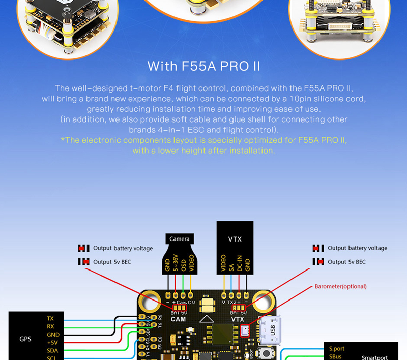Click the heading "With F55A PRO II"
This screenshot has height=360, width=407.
click(203, 66)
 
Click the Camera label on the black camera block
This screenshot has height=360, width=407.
click(179, 239)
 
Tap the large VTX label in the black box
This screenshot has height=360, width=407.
click(235, 238)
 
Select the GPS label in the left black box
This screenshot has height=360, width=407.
click(25, 339)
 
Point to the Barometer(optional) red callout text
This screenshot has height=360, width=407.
click(340, 286)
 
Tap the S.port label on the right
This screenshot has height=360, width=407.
click(337, 349)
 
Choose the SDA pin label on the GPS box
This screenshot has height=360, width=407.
click(52, 351)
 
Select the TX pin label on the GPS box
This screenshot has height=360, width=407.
click(50, 318)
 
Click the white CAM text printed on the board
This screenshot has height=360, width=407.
click(178, 319)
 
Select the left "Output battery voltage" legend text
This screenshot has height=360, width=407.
click(123, 248)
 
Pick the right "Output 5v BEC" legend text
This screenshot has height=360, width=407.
click(346, 262)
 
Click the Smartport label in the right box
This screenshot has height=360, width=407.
click(374, 357)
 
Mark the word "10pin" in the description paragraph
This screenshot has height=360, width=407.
click(304, 98)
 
